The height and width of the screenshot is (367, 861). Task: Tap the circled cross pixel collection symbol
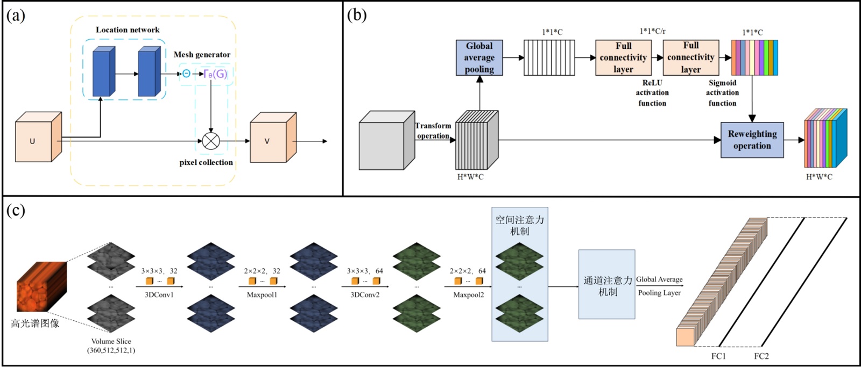pyautogui.click(x=211, y=141)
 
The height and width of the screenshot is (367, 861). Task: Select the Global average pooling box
pyautogui.click(x=479, y=57)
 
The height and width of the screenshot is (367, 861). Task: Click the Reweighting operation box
pyautogui.click(x=752, y=140)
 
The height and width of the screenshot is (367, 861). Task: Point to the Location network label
pyautogui.click(x=128, y=30)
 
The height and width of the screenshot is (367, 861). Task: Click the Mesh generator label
pyautogui.click(x=202, y=55)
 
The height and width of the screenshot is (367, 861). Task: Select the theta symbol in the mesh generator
pyautogui.click(x=186, y=74)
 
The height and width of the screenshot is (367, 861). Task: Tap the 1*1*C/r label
pyautogui.click(x=652, y=32)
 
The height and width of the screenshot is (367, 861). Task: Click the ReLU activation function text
pyautogui.click(x=652, y=93)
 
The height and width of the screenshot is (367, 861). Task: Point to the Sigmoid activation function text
pyautogui.click(x=722, y=93)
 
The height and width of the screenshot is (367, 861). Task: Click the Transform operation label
pyautogui.click(x=433, y=131)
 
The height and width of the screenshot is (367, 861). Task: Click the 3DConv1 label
pyautogui.click(x=159, y=295)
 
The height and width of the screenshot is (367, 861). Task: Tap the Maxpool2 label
pyautogui.click(x=468, y=295)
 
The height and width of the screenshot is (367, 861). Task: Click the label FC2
pyautogui.click(x=761, y=356)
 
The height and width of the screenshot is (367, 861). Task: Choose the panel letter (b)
pyautogui.click(x=357, y=15)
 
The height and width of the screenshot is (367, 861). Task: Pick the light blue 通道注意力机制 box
pyautogui.click(x=607, y=284)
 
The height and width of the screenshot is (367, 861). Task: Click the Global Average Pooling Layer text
pyautogui.click(x=659, y=286)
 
